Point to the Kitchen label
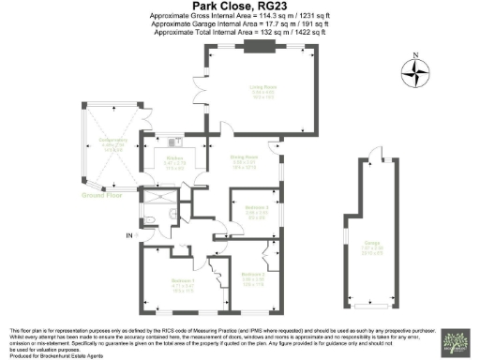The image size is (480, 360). click(174, 158)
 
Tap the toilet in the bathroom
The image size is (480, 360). click(153, 221)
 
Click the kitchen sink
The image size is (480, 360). click(174, 142)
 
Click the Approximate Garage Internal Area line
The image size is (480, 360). click(240, 23)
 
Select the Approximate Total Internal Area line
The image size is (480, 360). click(240, 32)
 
